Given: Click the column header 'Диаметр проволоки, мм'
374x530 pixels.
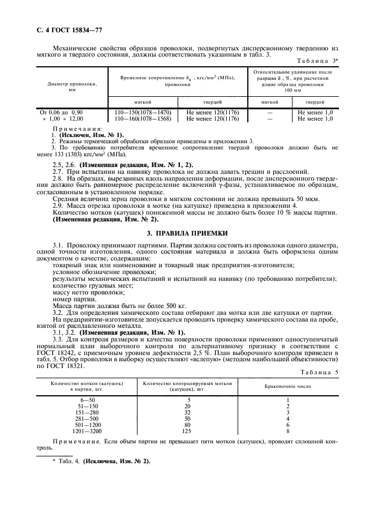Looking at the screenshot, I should (72, 86).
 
